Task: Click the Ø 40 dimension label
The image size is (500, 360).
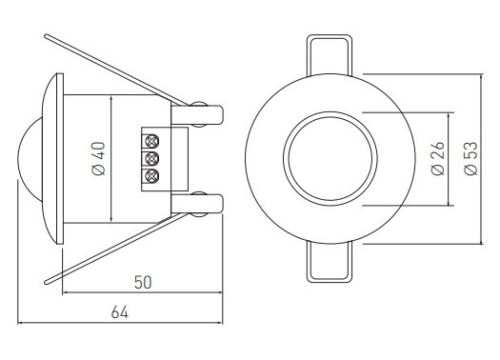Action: [x=98, y=158]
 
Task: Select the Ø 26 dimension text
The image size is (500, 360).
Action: [x=437, y=158]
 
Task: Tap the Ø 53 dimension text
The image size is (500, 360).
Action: [x=471, y=158]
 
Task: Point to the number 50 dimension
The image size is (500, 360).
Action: [x=143, y=282]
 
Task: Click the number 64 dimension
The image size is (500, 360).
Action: [x=120, y=311]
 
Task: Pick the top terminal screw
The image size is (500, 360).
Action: [x=152, y=141]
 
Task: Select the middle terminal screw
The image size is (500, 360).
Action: [x=152, y=158]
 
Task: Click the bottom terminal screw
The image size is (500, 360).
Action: [x=152, y=176]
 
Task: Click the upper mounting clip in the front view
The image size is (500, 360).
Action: [x=330, y=55]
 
